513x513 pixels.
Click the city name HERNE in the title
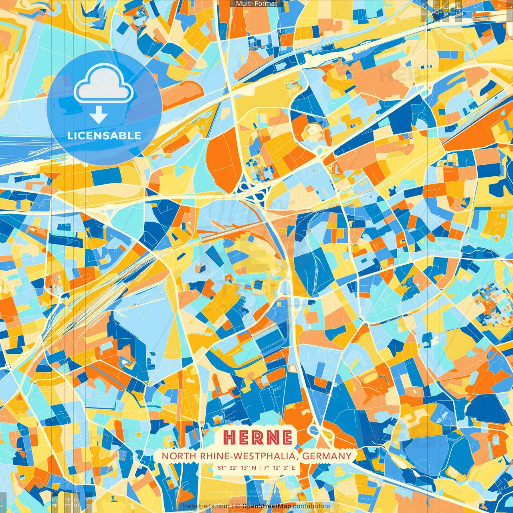coord(257,437)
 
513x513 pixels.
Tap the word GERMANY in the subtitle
coord(327,456)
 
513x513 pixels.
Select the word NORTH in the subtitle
coord(174,456)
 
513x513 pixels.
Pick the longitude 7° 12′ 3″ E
coord(279,467)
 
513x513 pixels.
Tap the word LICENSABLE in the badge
coord(104,135)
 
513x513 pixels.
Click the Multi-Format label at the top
coord(256,4)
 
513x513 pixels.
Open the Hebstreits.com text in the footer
coord(206,506)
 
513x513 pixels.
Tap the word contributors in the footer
coord(311,506)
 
